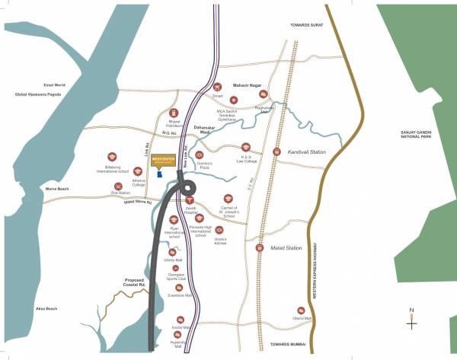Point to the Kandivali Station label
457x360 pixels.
tap(307, 152)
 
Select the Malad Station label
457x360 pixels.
tap(287, 248)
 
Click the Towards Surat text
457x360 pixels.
tap(307, 25)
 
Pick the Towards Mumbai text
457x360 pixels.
tap(290, 345)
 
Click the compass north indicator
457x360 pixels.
tap(411, 320)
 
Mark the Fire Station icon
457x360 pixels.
tap(118, 186)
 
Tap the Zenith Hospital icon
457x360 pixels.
tap(190, 199)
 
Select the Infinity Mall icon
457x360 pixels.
tap(171, 252)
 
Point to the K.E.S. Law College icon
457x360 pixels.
tap(246, 146)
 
